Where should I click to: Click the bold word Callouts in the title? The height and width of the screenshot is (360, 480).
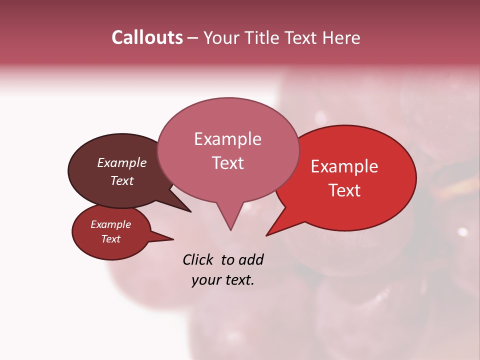click(x=147, y=37)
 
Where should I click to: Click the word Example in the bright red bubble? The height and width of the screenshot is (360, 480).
click(x=344, y=166)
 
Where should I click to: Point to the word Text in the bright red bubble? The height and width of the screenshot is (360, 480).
click(x=344, y=190)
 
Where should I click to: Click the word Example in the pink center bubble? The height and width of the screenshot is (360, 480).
click(x=227, y=139)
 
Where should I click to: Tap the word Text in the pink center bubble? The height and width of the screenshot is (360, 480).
click(x=227, y=163)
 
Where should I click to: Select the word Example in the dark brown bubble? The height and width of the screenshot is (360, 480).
click(x=121, y=162)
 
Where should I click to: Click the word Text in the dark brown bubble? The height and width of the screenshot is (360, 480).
click(x=121, y=180)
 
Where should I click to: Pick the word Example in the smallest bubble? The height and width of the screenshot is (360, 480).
click(x=110, y=224)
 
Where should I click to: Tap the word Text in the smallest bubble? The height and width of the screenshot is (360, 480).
click(x=110, y=239)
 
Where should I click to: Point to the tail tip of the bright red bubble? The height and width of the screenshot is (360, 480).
click(x=267, y=234)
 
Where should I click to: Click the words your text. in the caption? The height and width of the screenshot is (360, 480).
click(x=222, y=280)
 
